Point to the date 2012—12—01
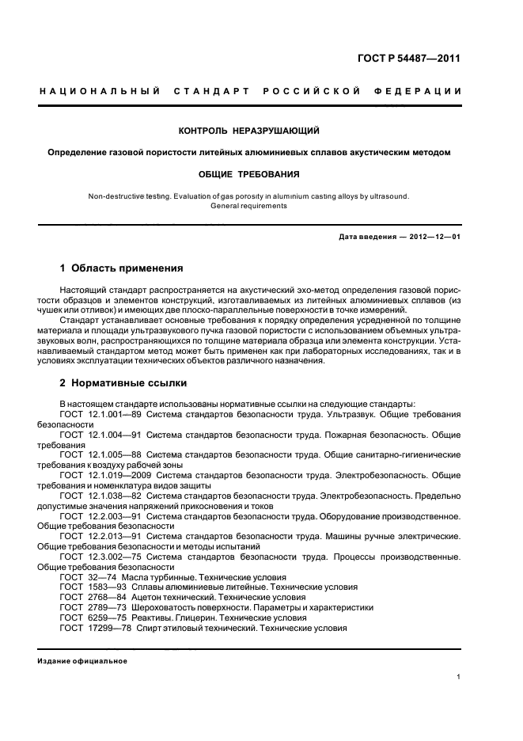[431, 237]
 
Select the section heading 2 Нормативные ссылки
[123, 382]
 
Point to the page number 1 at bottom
[459, 677]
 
